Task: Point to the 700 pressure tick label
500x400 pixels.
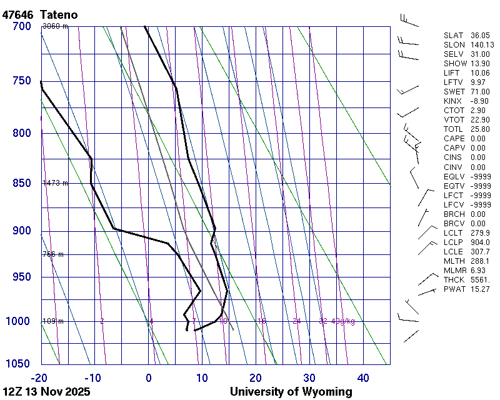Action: point(22,26)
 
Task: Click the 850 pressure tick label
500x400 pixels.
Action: point(22,183)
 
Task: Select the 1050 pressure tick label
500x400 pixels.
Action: point(19,364)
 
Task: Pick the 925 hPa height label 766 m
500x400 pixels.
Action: point(53,254)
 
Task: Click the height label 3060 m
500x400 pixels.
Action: point(55,26)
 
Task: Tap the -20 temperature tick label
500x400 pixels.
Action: point(39,377)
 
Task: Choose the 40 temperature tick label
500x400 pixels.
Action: point(363,377)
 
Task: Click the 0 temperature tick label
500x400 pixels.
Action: point(149,377)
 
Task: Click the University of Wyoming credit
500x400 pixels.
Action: point(291,392)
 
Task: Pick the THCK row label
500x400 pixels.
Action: point(454,280)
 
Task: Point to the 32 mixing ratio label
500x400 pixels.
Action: point(323,321)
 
